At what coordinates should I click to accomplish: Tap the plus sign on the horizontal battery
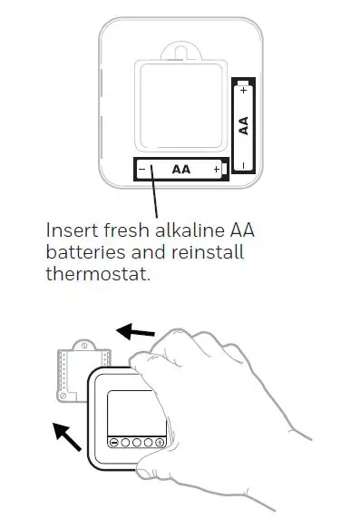216,170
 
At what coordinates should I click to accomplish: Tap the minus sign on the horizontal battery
142,170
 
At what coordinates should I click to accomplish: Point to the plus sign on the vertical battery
243,91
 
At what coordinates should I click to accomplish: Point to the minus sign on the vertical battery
243,164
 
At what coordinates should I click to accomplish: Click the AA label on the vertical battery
243,125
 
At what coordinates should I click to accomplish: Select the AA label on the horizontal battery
181,170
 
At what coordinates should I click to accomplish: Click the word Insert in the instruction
69,230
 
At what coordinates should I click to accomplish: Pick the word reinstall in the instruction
209,251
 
